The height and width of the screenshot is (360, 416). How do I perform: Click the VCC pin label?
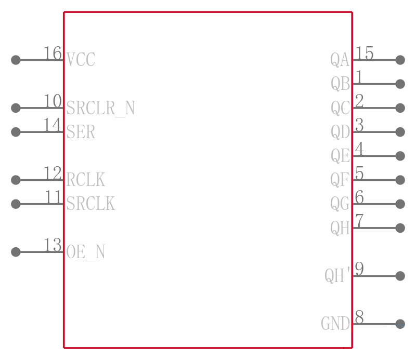pos(81,59)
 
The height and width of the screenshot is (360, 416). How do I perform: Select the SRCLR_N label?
pos(100,108)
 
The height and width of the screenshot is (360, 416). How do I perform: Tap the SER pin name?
pos(81,132)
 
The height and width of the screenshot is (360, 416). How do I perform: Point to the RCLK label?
pos(85,180)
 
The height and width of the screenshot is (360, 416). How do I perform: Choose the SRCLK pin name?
pos(90,204)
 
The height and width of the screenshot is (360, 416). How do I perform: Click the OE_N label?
pos(86,252)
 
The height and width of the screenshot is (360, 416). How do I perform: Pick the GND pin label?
pos(335,324)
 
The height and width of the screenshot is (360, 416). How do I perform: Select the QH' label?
pos(337,276)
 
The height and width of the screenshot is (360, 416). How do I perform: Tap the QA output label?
pos(340,60)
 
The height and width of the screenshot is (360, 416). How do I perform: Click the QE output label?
pos(341,156)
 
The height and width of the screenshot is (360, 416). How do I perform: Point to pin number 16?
pos(53,53)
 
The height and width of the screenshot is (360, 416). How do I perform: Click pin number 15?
pos(365,53)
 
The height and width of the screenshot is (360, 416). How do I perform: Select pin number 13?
pos(53,245)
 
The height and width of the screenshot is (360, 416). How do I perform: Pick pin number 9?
pos(359,269)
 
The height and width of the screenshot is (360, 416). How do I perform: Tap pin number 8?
pos(359,317)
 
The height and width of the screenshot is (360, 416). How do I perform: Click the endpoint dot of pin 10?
pos(16,108)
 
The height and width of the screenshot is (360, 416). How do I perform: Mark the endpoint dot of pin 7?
pos(400,228)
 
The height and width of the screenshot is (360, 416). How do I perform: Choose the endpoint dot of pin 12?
pos(16,180)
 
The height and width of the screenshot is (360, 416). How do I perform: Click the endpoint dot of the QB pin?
pos(400,84)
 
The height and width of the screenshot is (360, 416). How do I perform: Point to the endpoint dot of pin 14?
pos(16,132)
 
